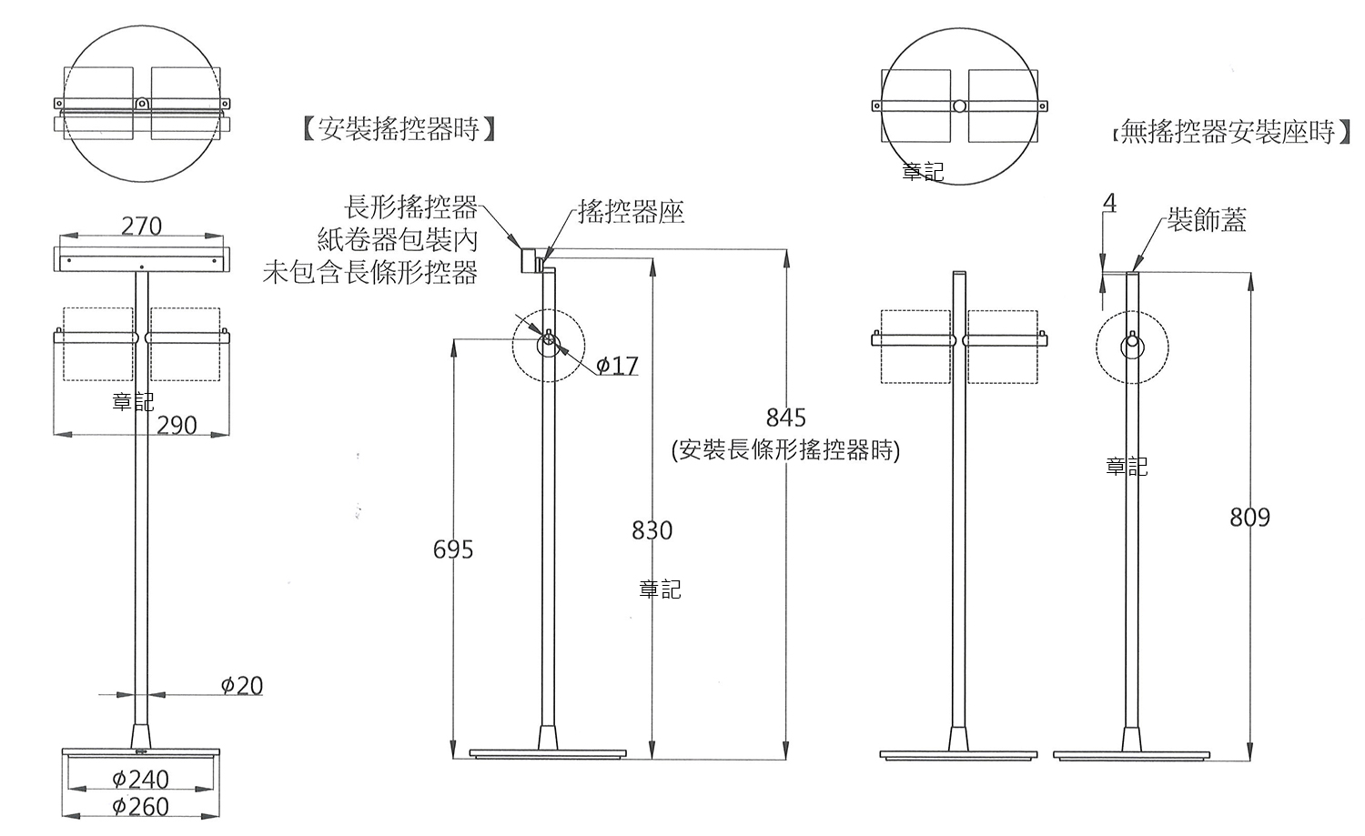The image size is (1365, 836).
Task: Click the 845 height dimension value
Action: (785, 418)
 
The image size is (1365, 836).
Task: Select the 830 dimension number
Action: (652, 530)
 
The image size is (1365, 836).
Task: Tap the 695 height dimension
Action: (453, 549)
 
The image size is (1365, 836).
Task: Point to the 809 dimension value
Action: (1249, 518)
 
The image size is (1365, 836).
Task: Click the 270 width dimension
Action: (141, 226)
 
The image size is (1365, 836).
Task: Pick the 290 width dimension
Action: (177, 425)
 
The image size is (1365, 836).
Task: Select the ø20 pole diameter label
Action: (242, 685)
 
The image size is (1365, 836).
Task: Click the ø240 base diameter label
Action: (140, 779)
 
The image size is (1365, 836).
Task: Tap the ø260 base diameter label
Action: (140, 806)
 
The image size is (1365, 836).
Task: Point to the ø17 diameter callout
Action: (617, 366)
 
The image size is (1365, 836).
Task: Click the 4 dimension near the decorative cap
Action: (1109, 203)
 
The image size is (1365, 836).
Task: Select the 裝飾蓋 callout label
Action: (1207, 220)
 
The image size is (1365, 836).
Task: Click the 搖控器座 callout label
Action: (631, 213)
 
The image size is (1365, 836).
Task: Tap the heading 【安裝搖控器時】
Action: (399, 129)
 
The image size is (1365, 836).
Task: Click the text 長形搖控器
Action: (410, 207)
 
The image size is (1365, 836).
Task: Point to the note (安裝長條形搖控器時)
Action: (785, 450)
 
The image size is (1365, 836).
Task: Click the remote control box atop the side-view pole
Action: (528, 260)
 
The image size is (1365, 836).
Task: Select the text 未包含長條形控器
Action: (369, 272)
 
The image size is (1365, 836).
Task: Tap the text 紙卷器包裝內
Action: (398, 240)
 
